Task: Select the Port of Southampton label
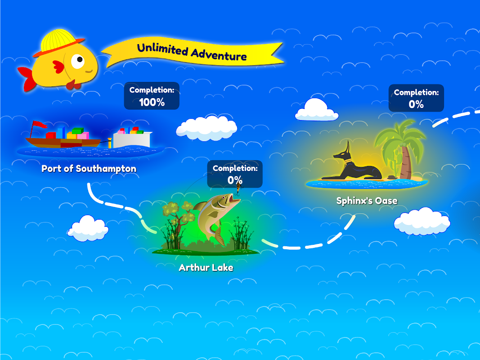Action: [89, 169]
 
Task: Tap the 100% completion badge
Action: [152, 96]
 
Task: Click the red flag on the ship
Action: [39, 125]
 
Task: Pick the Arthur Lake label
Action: [206, 268]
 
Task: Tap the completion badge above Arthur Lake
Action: [235, 174]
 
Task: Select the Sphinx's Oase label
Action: [367, 201]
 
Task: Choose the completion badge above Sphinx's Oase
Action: [416, 98]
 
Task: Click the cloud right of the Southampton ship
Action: [206, 129]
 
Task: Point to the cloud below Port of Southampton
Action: [88, 228]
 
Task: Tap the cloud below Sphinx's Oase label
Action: [422, 221]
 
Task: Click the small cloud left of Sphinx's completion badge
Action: [317, 109]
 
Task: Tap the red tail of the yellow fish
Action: [27, 76]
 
